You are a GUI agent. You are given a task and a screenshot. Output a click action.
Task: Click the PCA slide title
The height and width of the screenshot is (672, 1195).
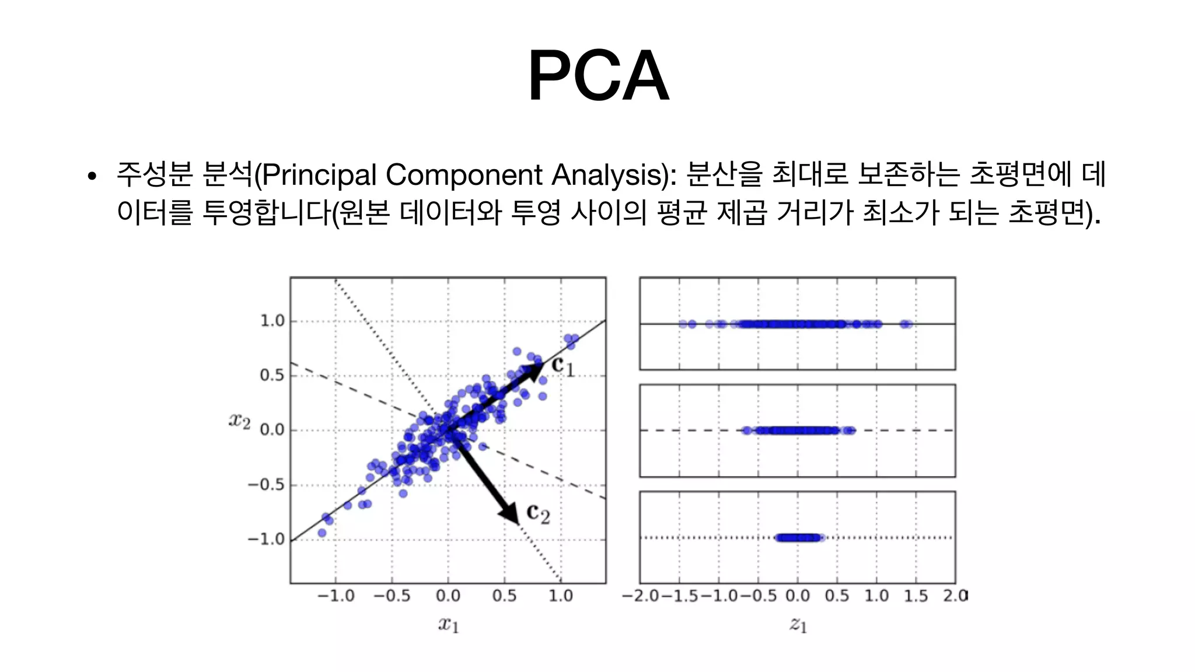[x=598, y=76]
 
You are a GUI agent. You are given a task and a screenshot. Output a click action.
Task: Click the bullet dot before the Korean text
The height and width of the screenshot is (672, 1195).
[x=91, y=177]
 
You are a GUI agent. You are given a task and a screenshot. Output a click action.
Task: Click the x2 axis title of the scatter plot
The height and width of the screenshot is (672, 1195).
[x=239, y=420]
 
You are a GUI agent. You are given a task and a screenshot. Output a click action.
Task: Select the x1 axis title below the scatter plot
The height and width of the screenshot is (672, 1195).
[x=448, y=625]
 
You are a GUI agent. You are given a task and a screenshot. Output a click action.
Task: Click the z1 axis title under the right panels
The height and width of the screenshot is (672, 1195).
[x=798, y=625]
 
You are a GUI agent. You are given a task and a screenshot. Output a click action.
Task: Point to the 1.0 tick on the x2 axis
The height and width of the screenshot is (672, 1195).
[x=272, y=321]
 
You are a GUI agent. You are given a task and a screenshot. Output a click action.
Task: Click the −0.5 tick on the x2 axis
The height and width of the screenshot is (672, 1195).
[x=266, y=485]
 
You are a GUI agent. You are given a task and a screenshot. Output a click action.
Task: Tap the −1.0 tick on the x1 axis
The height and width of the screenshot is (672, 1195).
[x=336, y=596]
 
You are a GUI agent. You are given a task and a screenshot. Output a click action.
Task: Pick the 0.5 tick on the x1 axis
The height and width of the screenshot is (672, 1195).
[x=504, y=596]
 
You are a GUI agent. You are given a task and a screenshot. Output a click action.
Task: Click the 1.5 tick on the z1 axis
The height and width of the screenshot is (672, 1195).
[x=916, y=596]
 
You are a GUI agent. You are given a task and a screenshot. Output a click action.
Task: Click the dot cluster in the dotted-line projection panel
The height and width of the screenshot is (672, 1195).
[x=798, y=538]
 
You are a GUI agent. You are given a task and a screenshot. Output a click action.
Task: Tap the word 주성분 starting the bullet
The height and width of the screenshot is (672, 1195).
[x=154, y=174]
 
